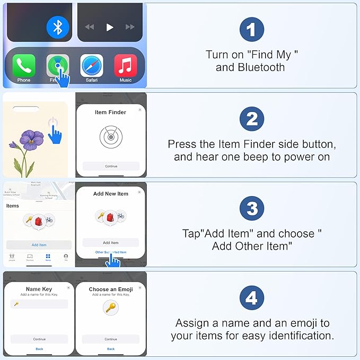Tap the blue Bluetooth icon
tap(58, 27)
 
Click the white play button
tap(110, 27)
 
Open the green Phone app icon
tap(24, 66)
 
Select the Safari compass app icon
tap(91, 66)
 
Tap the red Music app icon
tap(126, 66)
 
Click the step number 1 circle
tap(252, 30)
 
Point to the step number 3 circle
tap(252, 209)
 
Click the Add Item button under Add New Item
tap(111, 242)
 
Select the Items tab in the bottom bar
tap(48, 257)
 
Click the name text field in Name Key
tap(39, 304)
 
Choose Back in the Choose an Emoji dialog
tap(111, 349)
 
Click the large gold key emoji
tap(111, 308)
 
